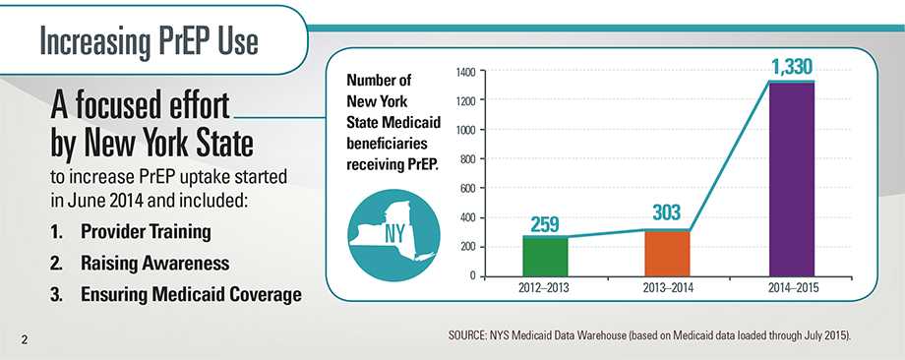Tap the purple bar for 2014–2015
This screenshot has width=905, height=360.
(791, 178)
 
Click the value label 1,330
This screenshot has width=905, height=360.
(791, 67)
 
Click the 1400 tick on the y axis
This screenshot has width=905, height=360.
(466, 72)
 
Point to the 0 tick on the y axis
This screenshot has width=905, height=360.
(473, 275)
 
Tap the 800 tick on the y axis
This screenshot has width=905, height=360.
(468, 159)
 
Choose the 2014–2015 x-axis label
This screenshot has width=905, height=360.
(791, 289)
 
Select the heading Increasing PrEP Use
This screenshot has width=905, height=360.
(148, 41)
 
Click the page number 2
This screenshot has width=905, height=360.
(21, 340)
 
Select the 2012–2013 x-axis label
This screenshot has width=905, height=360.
(544, 289)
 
